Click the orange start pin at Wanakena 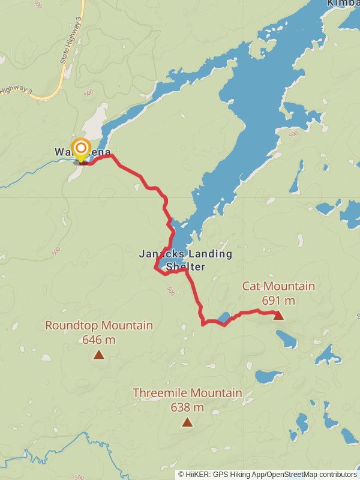[80, 148]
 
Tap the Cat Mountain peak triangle [278, 316]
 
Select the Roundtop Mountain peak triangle [99, 355]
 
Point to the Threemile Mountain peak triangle [187, 422]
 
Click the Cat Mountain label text [278, 286]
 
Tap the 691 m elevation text [278, 300]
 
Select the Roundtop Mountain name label [99, 326]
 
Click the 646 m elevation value [99, 340]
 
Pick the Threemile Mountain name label [187, 394]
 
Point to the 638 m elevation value [187, 407]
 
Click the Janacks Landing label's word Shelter [185, 267]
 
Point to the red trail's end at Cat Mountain [277, 313]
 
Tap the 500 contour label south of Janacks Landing [170, 292]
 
